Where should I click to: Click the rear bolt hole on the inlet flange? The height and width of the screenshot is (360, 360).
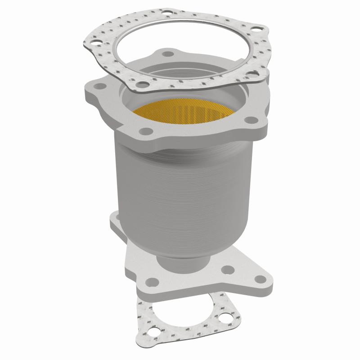(x=168, y=54)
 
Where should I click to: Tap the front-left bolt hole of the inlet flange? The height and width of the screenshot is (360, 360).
(x=144, y=131)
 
